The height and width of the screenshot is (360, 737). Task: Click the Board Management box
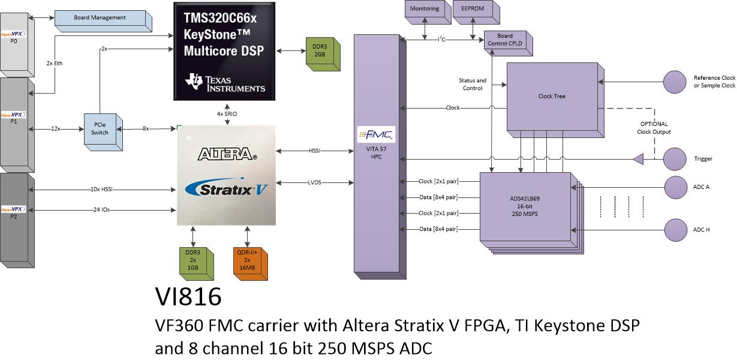click(x=103, y=21)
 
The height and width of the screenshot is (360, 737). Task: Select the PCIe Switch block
click(x=103, y=132)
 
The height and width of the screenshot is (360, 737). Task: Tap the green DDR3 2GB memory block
click(x=323, y=54)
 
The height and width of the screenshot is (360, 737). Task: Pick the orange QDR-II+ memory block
click(x=250, y=263)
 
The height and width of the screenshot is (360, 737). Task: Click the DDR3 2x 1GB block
click(x=197, y=263)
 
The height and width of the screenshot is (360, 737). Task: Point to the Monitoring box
click(x=428, y=12)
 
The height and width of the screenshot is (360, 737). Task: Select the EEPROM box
click(x=476, y=12)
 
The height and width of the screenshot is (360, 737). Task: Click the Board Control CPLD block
click(x=508, y=43)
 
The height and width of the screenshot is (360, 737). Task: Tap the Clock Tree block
click(x=555, y=100)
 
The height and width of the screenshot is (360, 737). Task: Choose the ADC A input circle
click(x=675, y=187)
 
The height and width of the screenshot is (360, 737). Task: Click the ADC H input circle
click(x=675, y=230)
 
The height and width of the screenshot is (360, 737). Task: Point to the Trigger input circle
click(x=675, y=159)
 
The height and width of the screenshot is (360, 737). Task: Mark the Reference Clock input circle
click(x=675, y=82)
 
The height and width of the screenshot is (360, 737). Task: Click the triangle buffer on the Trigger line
click(x=639, y=159)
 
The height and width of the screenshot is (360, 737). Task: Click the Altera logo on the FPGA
click(x=227, y=154)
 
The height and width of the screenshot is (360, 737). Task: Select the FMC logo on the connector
click(x=376, y=134)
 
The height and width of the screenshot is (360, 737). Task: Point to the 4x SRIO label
click(x=227, y=114)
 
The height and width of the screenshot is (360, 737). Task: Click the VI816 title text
click(x=188, y=297)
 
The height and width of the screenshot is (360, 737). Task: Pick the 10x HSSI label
click(x=102, y=189)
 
